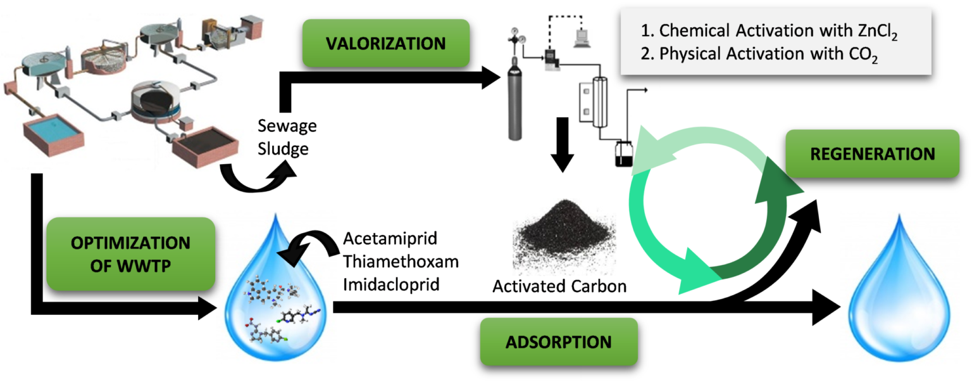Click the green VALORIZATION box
click(x=385, y=43)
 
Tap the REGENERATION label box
click(x=873, y=153)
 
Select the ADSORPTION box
click(x=558, y=342)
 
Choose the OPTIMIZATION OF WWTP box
click(x=130, y=253)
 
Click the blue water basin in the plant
click(x=54, y=132)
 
